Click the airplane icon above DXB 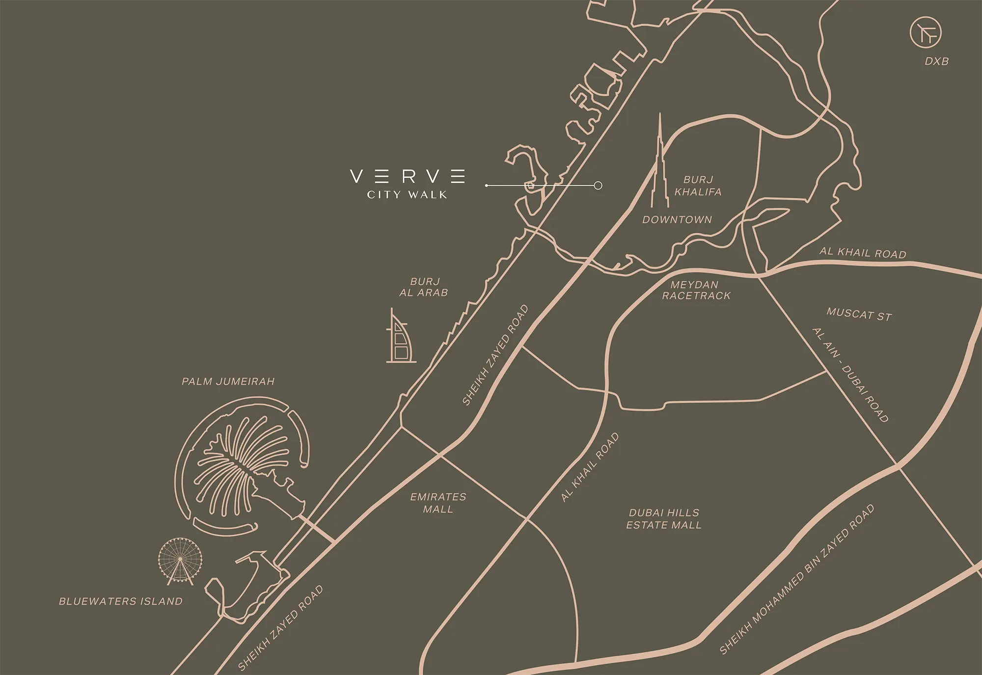[x=926, y=32]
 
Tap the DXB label [x=936, y=61]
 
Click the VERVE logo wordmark [x=408, y=176]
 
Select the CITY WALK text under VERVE [x=407, y=195]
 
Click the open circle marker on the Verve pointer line [x=598, y=186]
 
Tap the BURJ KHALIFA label [x=698, y=186]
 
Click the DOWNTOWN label [x=677, y=220]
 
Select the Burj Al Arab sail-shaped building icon [x=400, y=339]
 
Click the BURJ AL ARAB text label [x=424, y=287]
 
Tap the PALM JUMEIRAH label [x=228, y=381]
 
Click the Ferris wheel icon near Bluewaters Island [x=180, y=560]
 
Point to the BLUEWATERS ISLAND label [x=121, y=601]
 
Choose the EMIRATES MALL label [x=438, y=503]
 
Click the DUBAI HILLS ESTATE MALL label [x=664, y=519]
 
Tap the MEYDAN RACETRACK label [x=696, y=290]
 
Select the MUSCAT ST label [x=859, y=314]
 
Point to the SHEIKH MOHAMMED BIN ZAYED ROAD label [x=796, y=579]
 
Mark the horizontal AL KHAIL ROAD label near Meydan [x=863, y=252]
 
